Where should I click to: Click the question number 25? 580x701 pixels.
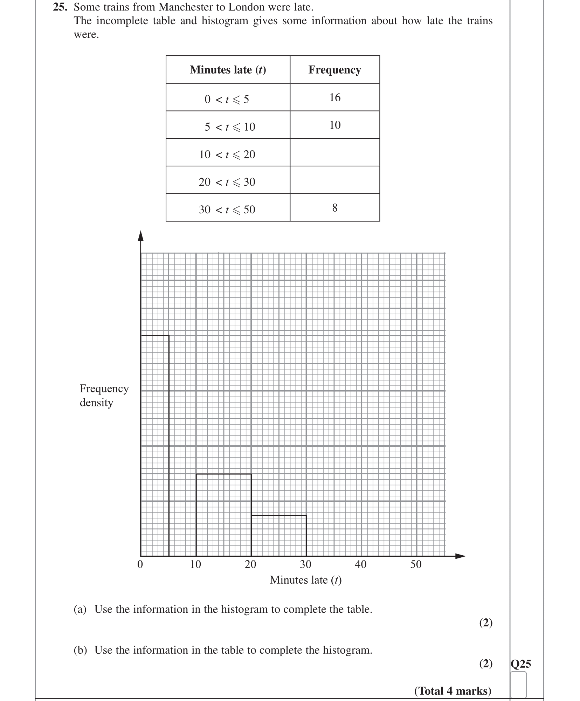point(60,7)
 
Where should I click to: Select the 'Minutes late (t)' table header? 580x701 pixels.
point(228,70)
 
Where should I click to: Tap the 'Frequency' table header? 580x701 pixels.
point(334,70)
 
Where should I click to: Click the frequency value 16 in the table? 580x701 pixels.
point(335,97)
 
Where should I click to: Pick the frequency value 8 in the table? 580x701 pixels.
point(335,208)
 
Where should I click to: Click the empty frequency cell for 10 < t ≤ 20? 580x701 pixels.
point(335,152)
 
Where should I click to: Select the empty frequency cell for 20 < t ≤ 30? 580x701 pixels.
point(335,180)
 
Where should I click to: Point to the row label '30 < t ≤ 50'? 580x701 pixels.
point(227,209)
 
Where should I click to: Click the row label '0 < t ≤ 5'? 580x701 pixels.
point(227,99)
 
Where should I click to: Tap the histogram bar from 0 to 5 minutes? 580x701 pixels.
point(155,445)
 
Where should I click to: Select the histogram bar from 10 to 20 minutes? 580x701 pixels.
point(223,515)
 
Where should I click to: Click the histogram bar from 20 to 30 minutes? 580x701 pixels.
point(279,535)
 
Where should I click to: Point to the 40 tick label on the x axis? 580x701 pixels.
point(360,564)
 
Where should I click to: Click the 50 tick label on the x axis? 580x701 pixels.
point(416,564)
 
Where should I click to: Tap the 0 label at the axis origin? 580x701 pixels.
point(140,564)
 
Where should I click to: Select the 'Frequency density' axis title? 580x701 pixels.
point(104,396)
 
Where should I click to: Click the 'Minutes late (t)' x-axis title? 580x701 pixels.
point(305,580)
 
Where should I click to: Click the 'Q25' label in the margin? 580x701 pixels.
point(521,664)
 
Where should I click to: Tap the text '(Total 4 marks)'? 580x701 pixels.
point(453,690)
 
